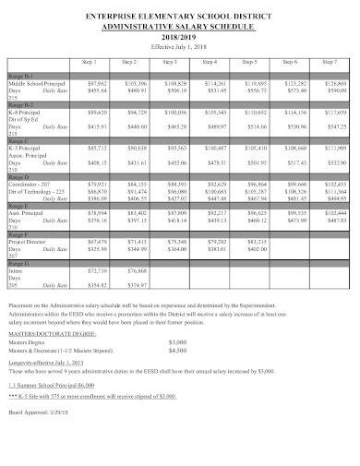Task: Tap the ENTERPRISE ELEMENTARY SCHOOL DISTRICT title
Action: pyautogui.click(x=180, y=18)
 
